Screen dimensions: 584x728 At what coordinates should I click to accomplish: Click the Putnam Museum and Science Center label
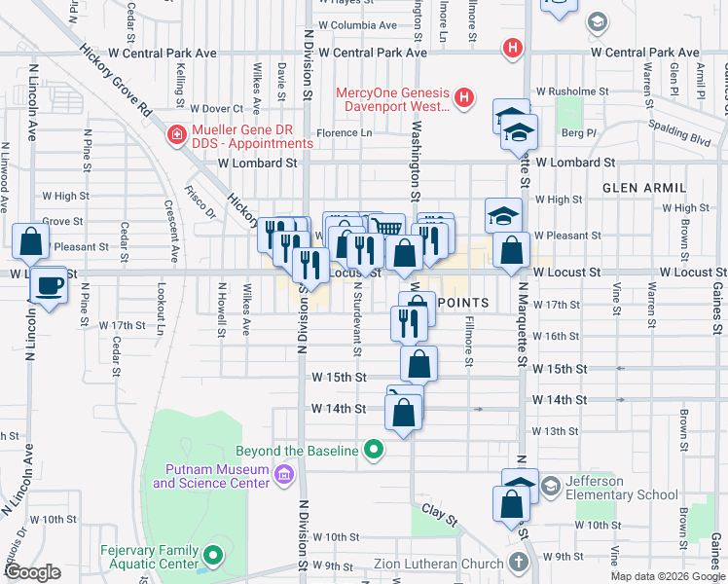click(209, 475)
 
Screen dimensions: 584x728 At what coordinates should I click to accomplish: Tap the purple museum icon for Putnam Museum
click(283, 475)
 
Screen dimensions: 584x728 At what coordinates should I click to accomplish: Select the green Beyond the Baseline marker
click(372, 451)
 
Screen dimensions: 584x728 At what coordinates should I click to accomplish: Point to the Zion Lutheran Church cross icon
click(518, 563)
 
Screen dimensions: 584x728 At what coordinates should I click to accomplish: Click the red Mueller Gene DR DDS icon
click(177, 134)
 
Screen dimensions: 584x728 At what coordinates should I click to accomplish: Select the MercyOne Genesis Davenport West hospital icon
click(464, 98)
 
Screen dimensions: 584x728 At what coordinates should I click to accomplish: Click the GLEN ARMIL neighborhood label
click(644, 187)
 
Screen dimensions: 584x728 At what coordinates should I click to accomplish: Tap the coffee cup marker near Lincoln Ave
click(48, 286)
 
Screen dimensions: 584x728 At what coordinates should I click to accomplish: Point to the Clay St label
click(439, 515)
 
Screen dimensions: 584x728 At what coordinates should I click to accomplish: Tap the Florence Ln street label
click(344, 132)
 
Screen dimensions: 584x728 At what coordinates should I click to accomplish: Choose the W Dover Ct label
click(216, 109)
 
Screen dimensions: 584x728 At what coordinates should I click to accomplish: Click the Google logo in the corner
click(32, 572)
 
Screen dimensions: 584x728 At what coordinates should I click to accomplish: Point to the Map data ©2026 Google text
click(667, 576)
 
